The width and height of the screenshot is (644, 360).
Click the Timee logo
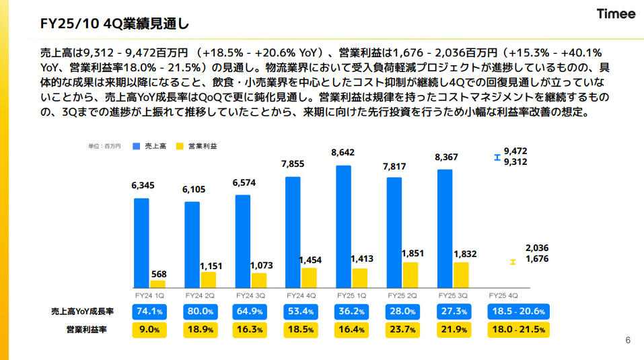tap(616, 15)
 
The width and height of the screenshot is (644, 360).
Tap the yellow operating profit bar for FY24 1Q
tap(157, 284)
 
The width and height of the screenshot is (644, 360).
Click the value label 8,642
tap(343, 153)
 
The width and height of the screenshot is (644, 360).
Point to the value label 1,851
tap(412, 253)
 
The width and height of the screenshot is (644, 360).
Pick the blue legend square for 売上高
tap(137, 146)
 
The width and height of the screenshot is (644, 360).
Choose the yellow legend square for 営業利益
tap(180, 146)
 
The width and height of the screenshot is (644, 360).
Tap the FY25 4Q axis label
tap(503, 296)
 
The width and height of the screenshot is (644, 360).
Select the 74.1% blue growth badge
tap(149, 312)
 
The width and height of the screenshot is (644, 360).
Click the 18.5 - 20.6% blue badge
tap(519, 312)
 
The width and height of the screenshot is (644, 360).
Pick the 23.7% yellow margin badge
tap(402, 330)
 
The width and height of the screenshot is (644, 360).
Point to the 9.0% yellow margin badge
tap(149, 330)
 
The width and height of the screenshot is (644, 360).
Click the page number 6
tap(628, 340)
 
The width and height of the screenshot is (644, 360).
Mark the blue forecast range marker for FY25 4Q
tap(497, 158)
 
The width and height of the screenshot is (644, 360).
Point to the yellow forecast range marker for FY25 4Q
tap(513, 261)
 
